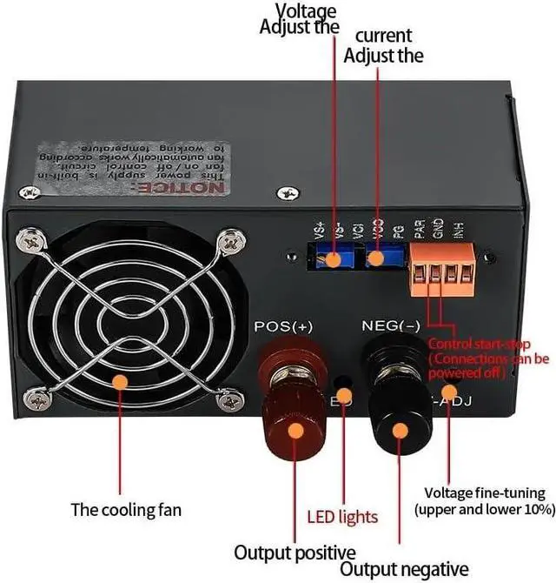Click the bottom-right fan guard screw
[230, 399]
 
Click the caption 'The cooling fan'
[126, 509]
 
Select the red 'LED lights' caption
[343, 517]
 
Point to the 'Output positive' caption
[295, 553]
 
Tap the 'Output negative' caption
[402, 569]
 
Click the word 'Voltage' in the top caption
[306, 10]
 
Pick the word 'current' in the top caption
[383, 37]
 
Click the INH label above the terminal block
[458, 232]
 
